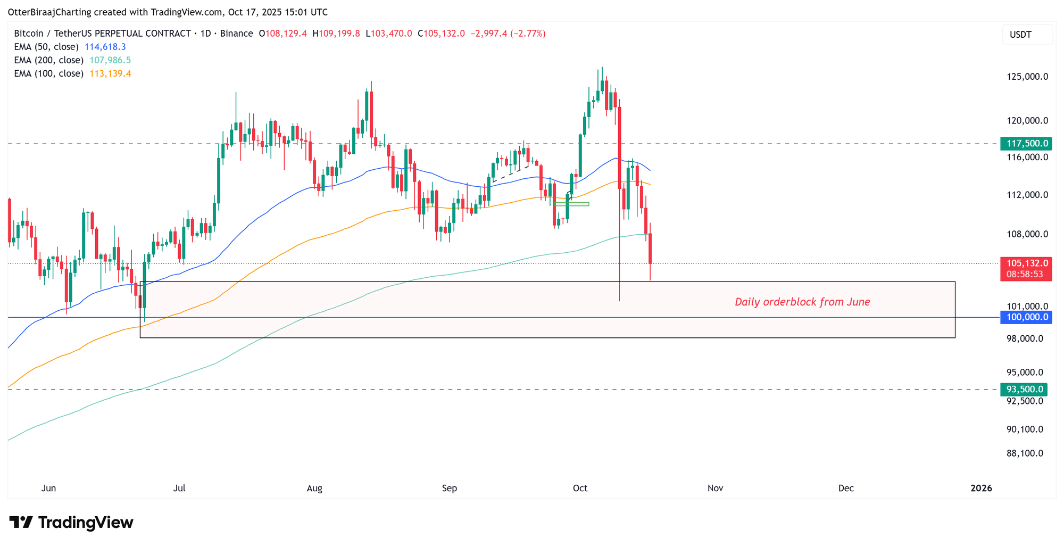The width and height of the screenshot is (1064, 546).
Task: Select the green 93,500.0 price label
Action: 1024,390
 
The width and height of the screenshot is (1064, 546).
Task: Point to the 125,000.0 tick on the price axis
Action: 1027,77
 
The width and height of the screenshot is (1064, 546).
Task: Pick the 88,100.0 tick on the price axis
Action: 1025,453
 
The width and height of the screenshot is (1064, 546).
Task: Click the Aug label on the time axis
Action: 314,488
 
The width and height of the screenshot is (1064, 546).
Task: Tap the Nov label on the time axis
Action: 715,488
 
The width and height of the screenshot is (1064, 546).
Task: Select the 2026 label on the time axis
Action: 981,488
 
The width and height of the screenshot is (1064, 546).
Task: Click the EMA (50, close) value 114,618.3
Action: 105,47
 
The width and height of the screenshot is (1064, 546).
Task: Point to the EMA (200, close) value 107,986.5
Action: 110,60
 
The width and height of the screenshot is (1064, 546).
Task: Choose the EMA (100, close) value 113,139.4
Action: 110,73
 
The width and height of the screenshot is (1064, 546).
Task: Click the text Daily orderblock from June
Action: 802,302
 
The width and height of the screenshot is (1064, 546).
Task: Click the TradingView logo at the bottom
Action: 71,523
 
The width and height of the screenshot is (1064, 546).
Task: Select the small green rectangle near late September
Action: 572,204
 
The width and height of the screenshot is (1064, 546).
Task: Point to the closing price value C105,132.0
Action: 441,34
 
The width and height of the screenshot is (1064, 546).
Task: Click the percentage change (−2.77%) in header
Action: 528,34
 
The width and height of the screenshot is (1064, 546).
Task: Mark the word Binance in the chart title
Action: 237,34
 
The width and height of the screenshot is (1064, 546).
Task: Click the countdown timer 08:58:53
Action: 1025,275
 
